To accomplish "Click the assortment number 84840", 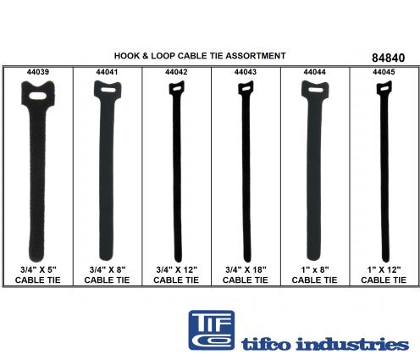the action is [388, 58].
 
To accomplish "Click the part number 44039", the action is [38, 72].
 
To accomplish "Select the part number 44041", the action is [107, 72].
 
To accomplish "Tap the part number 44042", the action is [176, 72].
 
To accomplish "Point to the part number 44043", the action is [246, 72].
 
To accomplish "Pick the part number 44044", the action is [314, 72].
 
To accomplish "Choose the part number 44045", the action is [384, 72].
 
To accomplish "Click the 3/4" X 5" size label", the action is [38, 269].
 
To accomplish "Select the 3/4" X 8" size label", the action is [108, 269].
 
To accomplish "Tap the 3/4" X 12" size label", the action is [177, 269].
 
